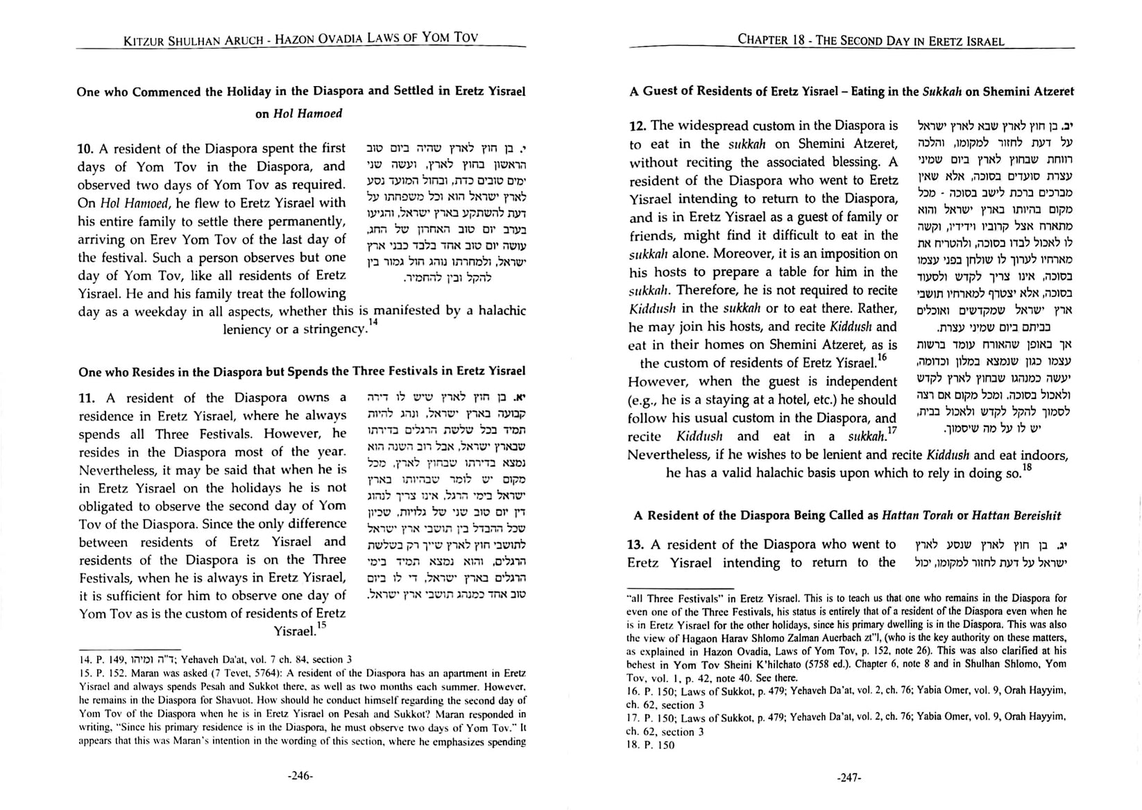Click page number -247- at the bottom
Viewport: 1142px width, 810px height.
pos(849,778)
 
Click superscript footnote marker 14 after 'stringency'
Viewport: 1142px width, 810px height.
pos(373,322)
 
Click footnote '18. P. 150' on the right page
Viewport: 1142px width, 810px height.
pos(649,745)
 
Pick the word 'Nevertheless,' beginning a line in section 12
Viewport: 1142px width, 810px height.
pos(663,455)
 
